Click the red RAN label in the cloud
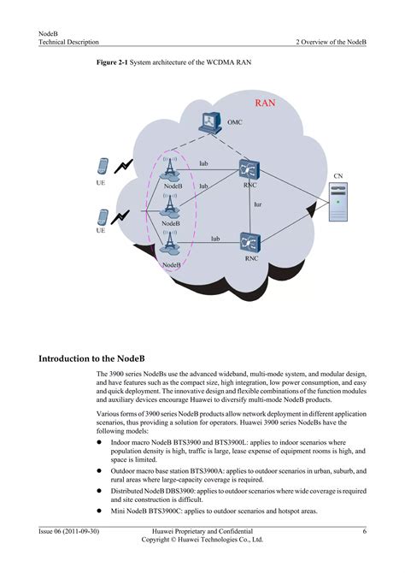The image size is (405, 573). tap(266, 104)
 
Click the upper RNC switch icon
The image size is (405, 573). tap(250, 168)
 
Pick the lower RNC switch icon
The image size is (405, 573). tap(250, 242)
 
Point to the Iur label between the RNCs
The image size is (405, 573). tap(257, 204)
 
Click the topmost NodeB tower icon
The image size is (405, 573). tap(170, 168)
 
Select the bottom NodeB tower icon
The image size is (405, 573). tap(170, 244)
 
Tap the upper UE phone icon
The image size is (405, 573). tap(102, 167)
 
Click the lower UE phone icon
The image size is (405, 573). tap(102, 217)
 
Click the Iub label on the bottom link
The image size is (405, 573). tap(216, 239)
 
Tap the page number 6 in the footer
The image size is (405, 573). tap(364, 531)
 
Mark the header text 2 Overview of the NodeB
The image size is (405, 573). tap(332, 41)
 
